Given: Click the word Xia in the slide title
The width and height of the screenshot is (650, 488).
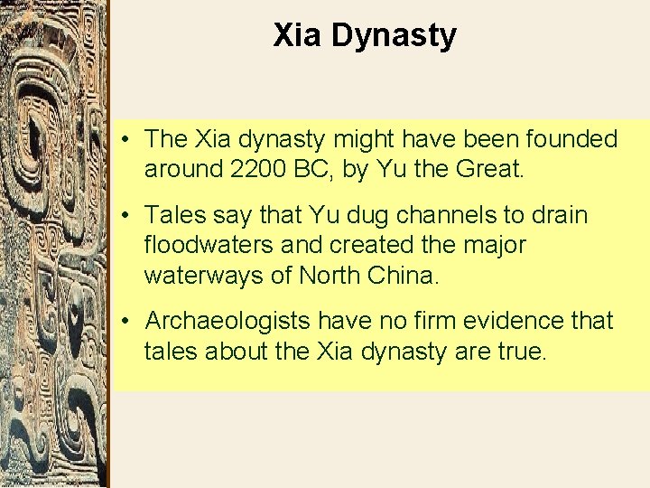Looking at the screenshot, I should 298,36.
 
